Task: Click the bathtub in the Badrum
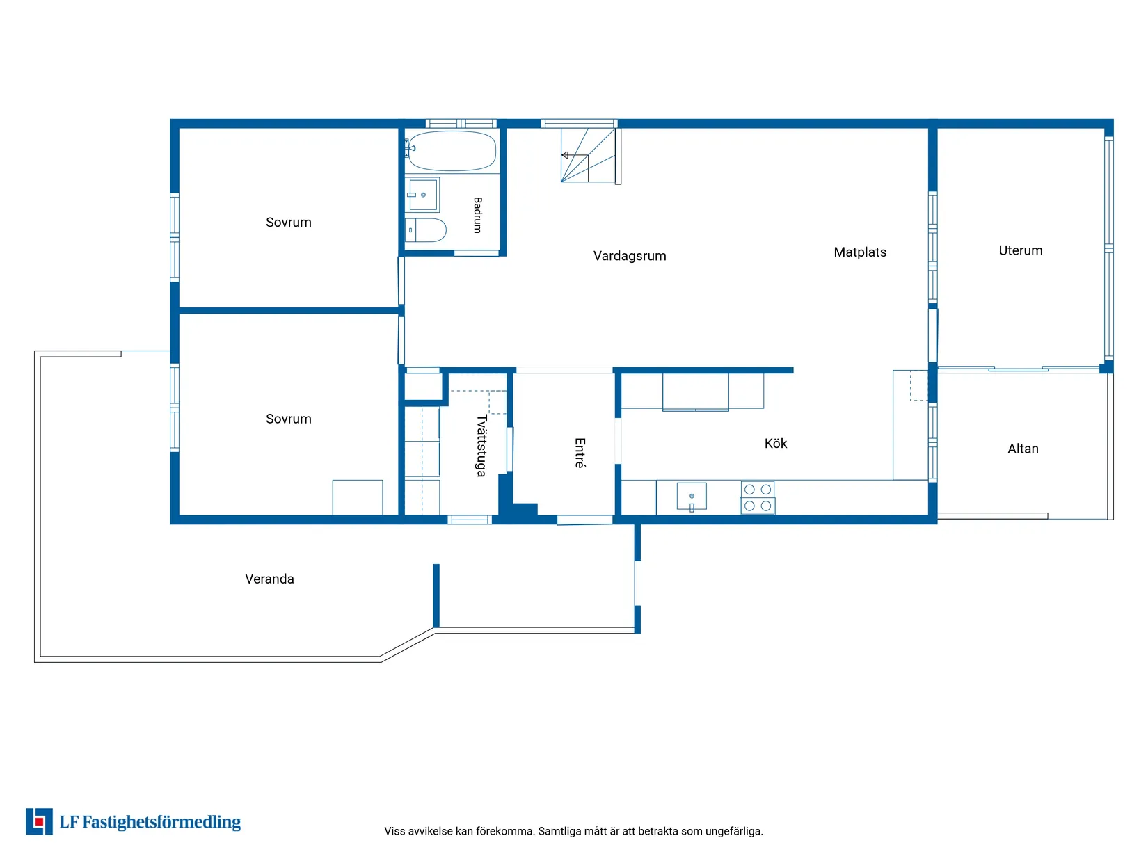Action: click(x=451, y=150)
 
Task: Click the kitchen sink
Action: click(x=691, y=495)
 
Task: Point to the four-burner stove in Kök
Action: click(x=757, y=497)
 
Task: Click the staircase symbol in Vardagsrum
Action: click(x=589, y=155)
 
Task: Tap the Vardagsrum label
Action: click(x=629, y=256)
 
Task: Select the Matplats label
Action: click(x=859, y=252)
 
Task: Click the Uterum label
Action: click(x=1020, y=250)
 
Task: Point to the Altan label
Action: click(x=1023, y=449)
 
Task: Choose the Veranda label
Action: click(x=269, y=579)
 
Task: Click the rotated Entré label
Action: click(x=580, y=453)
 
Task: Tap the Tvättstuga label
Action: click(x=481, y=446)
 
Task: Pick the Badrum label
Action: click(x=477, y=215)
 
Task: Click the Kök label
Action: click(x=775, y=443)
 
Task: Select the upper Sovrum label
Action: click(x=288, y=222)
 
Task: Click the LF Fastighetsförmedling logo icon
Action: click(x=39, y=821)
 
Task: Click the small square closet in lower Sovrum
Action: click(x=357, y=497)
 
